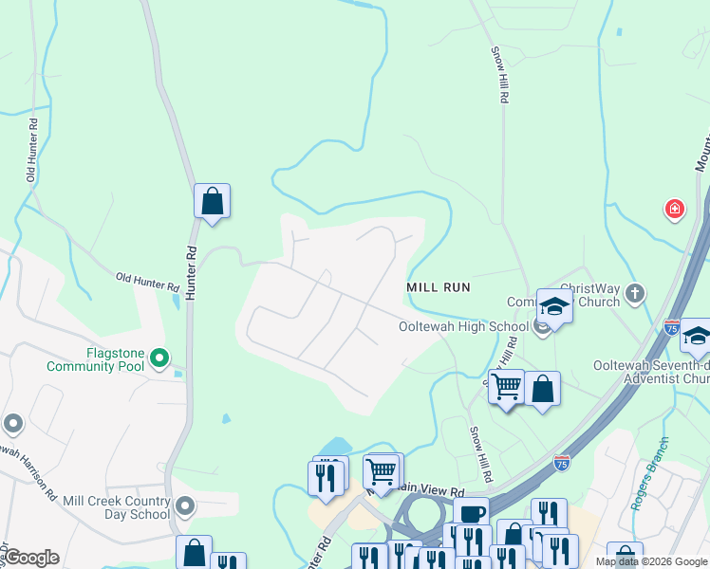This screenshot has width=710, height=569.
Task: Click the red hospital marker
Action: pyautogui.click(x=674, y=208)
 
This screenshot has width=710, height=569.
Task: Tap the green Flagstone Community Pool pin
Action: pyautogui.click(x=159, y=358)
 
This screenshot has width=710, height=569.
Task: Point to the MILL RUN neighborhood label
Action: pyautogui.click(x=439, y=286)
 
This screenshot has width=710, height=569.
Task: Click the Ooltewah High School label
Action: pyautogui.click(x=462, y=327)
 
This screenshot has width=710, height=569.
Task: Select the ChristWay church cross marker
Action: pyautogui.click(x=636, y=295)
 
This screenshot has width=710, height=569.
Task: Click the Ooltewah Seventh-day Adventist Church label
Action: pyautogui.click(x=649, y=372)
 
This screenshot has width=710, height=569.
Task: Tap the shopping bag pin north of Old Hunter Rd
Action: pyautogui.click(x=212, y=201)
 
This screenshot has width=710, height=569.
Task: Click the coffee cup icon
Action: pyautogui.click(x=471, y=514)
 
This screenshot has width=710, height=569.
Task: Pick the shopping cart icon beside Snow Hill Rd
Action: pyautogui.click(x=507, y=387)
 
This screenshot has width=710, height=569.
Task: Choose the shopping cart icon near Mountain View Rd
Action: pyautogui.click(x=382, y=470)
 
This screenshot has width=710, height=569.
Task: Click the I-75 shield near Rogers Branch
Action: pyautogui.click(x=562, y=463)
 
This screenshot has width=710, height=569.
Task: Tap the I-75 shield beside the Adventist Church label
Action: pyautogui.click(x=672, y=327)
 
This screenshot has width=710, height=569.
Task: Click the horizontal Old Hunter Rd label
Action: pyautogui.click(x=147, y=281)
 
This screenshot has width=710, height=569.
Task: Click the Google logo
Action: pyautogui.click(x=30, y=558)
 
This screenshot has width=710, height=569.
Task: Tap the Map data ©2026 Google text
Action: pyautogui.click(x=650, y=561)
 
